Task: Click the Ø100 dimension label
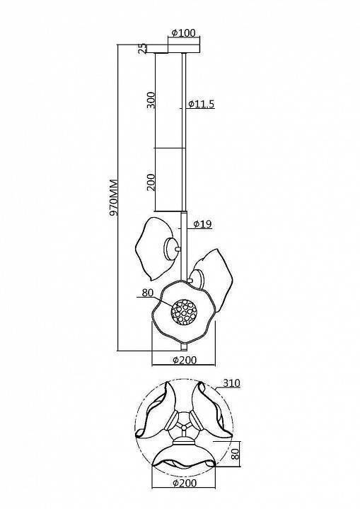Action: coord(184,33)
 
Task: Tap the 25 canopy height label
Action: coord(143,48)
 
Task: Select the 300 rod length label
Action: coord(151,100)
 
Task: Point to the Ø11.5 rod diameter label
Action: coord(202,104)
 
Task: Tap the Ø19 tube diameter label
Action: coord(202,223)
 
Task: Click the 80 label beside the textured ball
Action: coord(148,293)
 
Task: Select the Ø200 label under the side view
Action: coord(184,360)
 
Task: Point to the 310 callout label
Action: coord(231,383)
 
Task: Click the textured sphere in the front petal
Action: coord(184,312)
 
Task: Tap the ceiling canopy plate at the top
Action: coord(173,48)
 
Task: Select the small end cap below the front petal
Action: coord(184,348)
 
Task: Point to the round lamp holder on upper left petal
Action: coord(171,249)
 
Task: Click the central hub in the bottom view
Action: coord(184,423)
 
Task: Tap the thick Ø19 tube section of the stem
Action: coord(184,246)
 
